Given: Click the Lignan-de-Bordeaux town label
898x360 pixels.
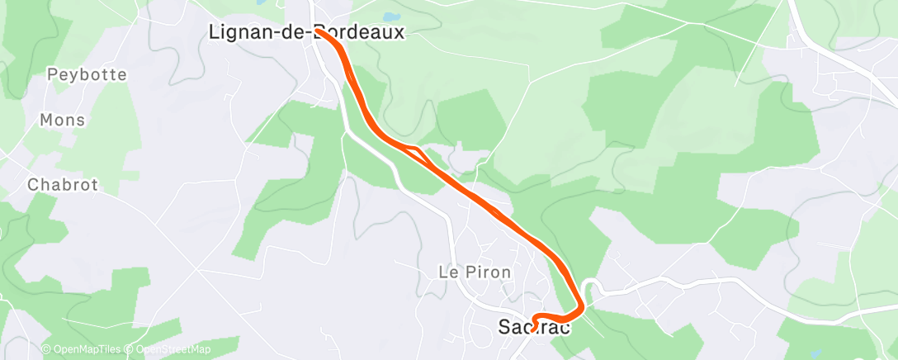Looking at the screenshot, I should pyautogui.click(x=306, y=32).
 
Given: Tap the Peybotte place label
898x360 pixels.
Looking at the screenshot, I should pyautogui.click(x=87, y=74).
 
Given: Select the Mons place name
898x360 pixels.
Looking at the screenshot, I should pyautogui.click(x=63, y=120).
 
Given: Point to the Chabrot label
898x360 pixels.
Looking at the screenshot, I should pyautogui.click(x=63, y=184).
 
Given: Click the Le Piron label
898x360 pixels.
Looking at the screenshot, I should pyautogui.click(x=475, y=271).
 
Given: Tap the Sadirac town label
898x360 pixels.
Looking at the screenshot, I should pyautogui.click(x=534, y=326).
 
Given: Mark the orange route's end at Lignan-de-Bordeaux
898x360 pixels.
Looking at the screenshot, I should pyautogui.click(x=319, y=33).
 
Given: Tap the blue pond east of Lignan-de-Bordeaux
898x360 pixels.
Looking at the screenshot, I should pyautogui.click(x=390, y=16).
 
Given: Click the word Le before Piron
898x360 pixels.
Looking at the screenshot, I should pyautogui.click(x=447, y=271).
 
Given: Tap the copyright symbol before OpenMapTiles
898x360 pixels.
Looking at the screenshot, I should pyautogui.click(x=46, y=349).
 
